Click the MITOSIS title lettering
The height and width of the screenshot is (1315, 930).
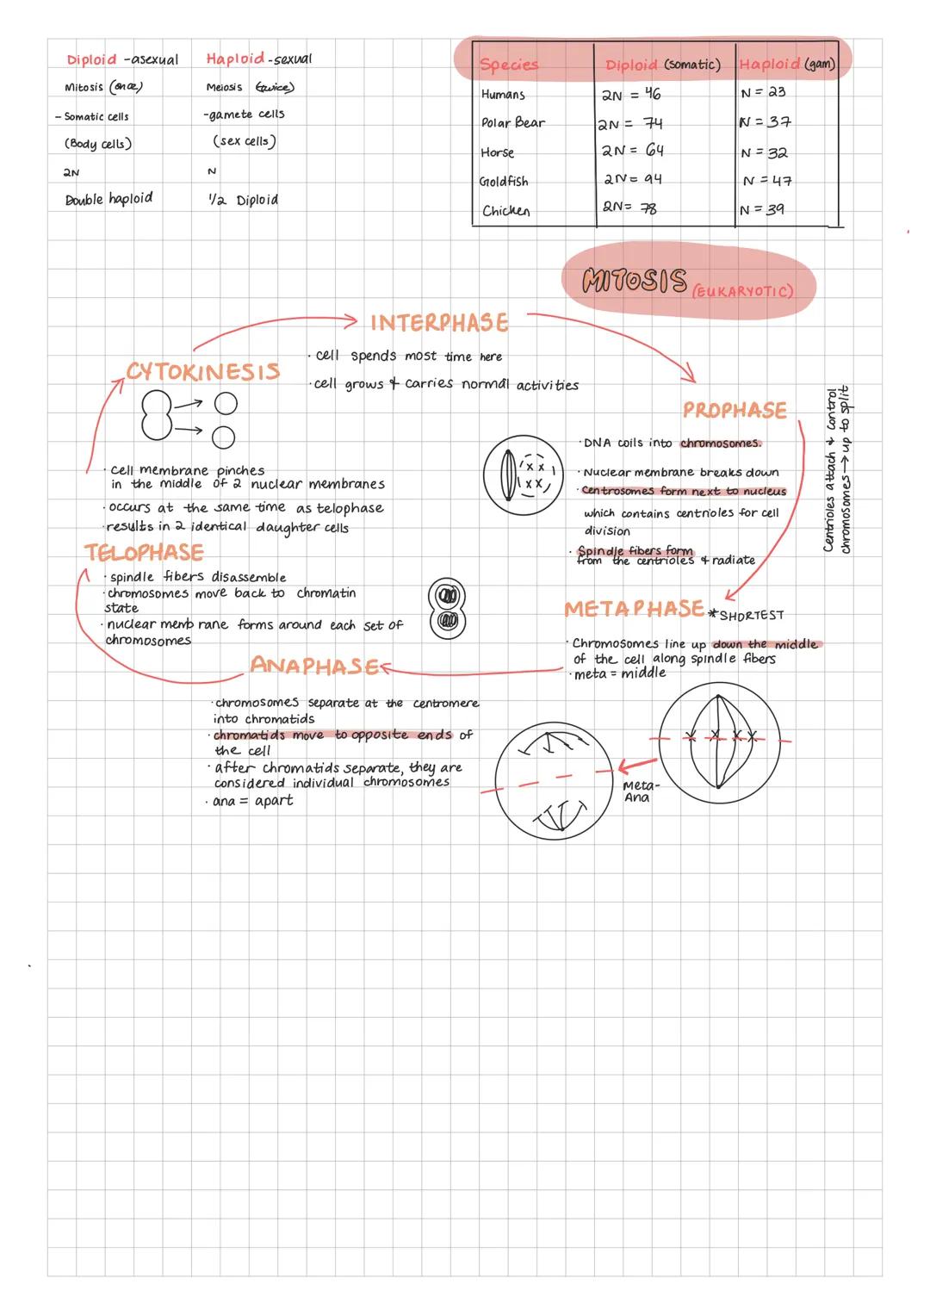(635, 281)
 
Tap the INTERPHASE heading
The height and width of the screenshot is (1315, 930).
(439, 323)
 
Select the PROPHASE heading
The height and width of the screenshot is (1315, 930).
(735, 410)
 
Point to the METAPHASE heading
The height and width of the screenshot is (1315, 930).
(634, 609)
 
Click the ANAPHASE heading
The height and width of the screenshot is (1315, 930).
(313, 666)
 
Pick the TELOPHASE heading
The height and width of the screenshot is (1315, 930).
(144, 552)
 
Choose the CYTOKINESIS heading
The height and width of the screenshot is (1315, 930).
(203, 371)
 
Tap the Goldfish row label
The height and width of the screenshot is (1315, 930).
(504, 182)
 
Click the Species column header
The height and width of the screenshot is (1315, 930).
(508, 65)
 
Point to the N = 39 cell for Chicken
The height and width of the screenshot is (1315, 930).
(762, 209)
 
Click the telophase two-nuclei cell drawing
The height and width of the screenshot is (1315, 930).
(446, 608)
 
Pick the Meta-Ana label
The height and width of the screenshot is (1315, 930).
(639, 791)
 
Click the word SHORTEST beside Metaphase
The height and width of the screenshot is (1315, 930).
(751, 616)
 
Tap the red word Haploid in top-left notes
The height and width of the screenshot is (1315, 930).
(235, 59)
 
